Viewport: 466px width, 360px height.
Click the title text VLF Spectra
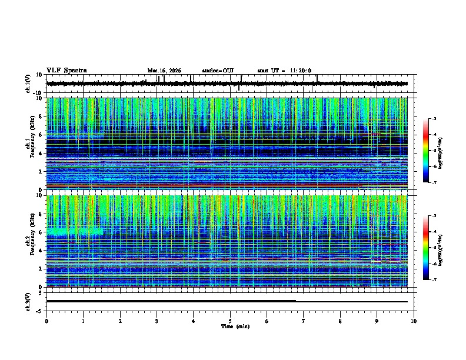pos(66,70)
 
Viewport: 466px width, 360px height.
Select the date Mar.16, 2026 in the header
pos(164,71)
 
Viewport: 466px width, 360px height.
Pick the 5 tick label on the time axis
pos(230,321)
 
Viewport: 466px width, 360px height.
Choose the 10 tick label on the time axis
pos(414,321)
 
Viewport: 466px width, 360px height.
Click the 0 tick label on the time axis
pos(46,321)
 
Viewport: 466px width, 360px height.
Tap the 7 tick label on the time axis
pos(304,321)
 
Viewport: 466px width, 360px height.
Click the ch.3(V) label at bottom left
pos(28,301)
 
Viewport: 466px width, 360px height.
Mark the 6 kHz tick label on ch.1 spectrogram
pos(41,135)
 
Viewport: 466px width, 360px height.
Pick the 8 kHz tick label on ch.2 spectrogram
pos(41,214)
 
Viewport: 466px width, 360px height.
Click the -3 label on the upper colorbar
pos(433,119)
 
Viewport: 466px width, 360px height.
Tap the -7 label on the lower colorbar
pos(433,280)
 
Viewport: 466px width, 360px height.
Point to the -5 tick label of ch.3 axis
pos(40,310)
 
